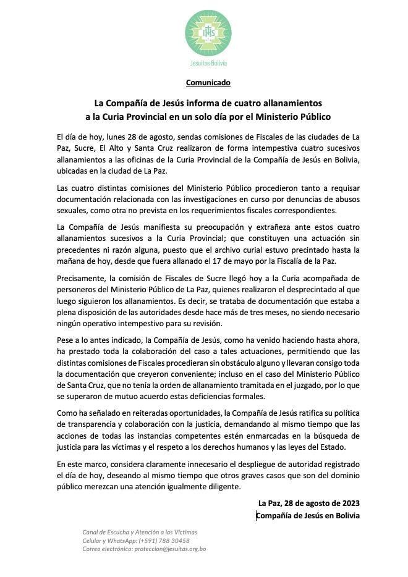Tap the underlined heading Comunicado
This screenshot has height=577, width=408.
tap(208, 82)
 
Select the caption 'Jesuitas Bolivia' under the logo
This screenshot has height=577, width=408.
tap(208, 63)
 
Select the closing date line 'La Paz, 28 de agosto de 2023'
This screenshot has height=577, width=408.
tap(308, 503)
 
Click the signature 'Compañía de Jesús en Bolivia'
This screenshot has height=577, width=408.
tap(308, 515)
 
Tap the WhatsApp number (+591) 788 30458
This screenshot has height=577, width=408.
tap(163, 541)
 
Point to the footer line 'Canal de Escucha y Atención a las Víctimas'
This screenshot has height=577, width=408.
tap(140, 533)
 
